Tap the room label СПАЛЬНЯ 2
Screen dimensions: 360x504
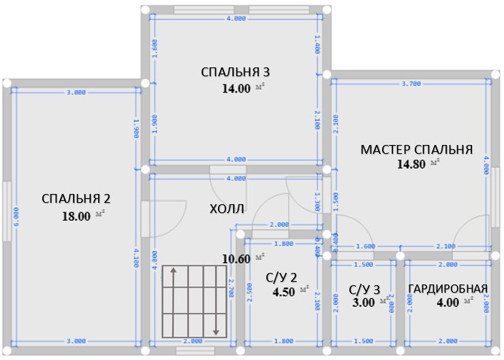pos(76,199)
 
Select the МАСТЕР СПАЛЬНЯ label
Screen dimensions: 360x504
pos(416,150)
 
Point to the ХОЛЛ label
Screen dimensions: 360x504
pos(227,208)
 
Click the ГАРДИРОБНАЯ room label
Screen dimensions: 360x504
pos(447,289)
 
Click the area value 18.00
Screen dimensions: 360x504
pos(76,216)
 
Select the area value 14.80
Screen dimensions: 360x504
pos(411,163)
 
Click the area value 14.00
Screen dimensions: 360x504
pos(236,88)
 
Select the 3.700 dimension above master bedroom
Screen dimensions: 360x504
pos(411,84)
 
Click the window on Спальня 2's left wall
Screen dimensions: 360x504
pos(6,210)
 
